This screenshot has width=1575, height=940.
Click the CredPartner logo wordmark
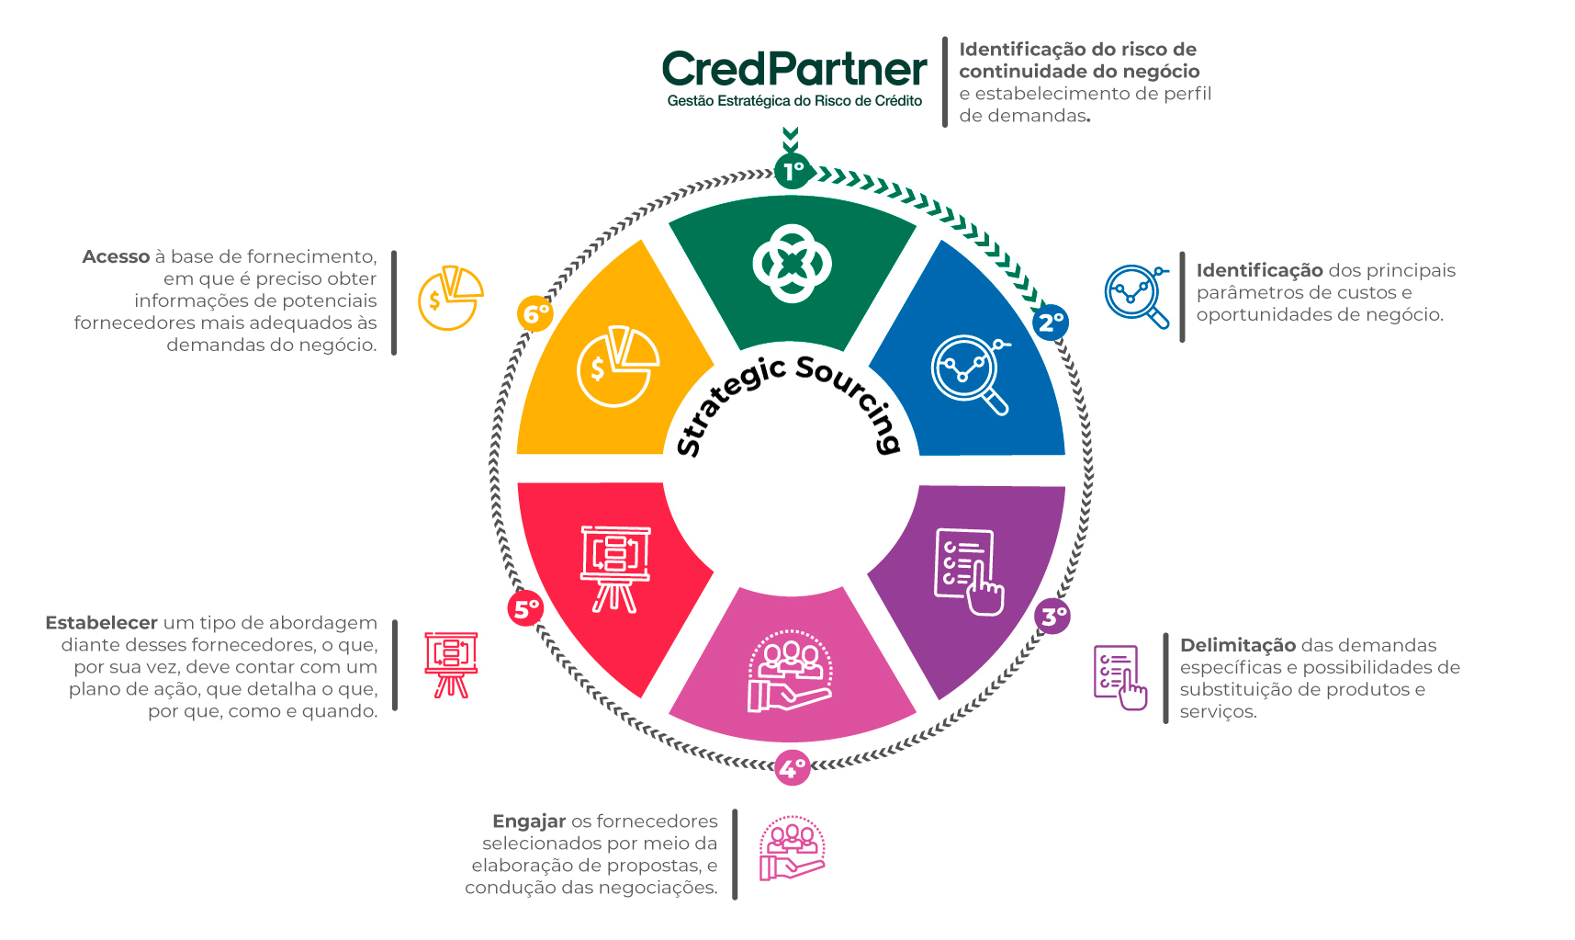(x=794, y=69)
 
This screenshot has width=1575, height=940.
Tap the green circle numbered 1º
(x=793, y=171)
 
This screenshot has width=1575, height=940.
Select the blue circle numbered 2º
(x=1051, y=323)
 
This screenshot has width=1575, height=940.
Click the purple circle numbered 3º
(x=1052, y=616)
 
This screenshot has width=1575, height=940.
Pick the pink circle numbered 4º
(x=792, y=767)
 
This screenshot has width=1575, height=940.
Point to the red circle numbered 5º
(x=526, y=608)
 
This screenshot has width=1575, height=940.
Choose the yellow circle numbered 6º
(x=535, y=314)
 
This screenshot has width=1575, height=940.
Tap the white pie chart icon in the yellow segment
(x=618, y=366)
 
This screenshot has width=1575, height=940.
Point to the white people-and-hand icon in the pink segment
(x=791, y=671)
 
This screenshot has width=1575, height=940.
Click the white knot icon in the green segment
(x=792, y=264)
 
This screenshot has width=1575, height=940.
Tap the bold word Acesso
(x=116, y=256)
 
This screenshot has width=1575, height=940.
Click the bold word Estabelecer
(x=101, y=623)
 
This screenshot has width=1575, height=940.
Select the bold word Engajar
(x=529, y=821)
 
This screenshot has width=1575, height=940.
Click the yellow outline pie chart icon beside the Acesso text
(x=450, y=299)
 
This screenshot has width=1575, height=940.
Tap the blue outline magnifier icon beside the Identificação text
(x=1137, y=296)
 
